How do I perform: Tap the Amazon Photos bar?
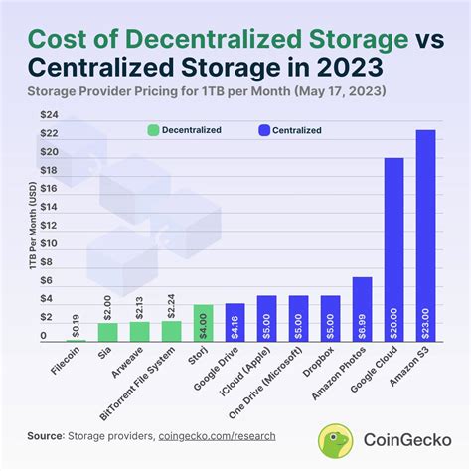[362, 309]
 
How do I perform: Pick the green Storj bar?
[203, 323]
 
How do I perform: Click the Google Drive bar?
[235, 322]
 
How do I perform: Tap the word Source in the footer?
[45, 435]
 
